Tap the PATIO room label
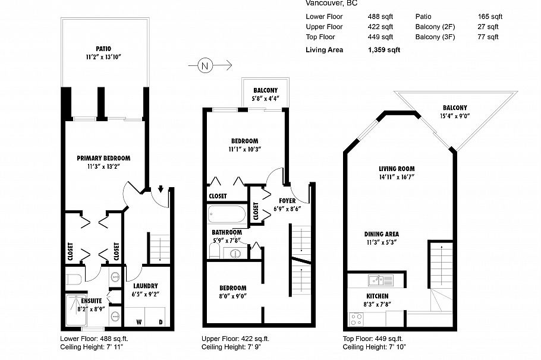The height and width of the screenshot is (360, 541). (x=103, y=49)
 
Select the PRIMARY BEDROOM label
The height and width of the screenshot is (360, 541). (x=103, y=158)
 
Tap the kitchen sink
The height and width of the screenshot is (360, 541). (x=375, y=279)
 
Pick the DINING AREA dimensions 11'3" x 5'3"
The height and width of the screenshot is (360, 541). (x=382, y=242)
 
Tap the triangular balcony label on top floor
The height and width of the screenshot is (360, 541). (x=454, y=108)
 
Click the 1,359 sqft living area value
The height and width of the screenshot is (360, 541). (x=383, y=50)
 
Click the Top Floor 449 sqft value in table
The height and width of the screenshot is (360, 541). (x=380, y=37)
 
